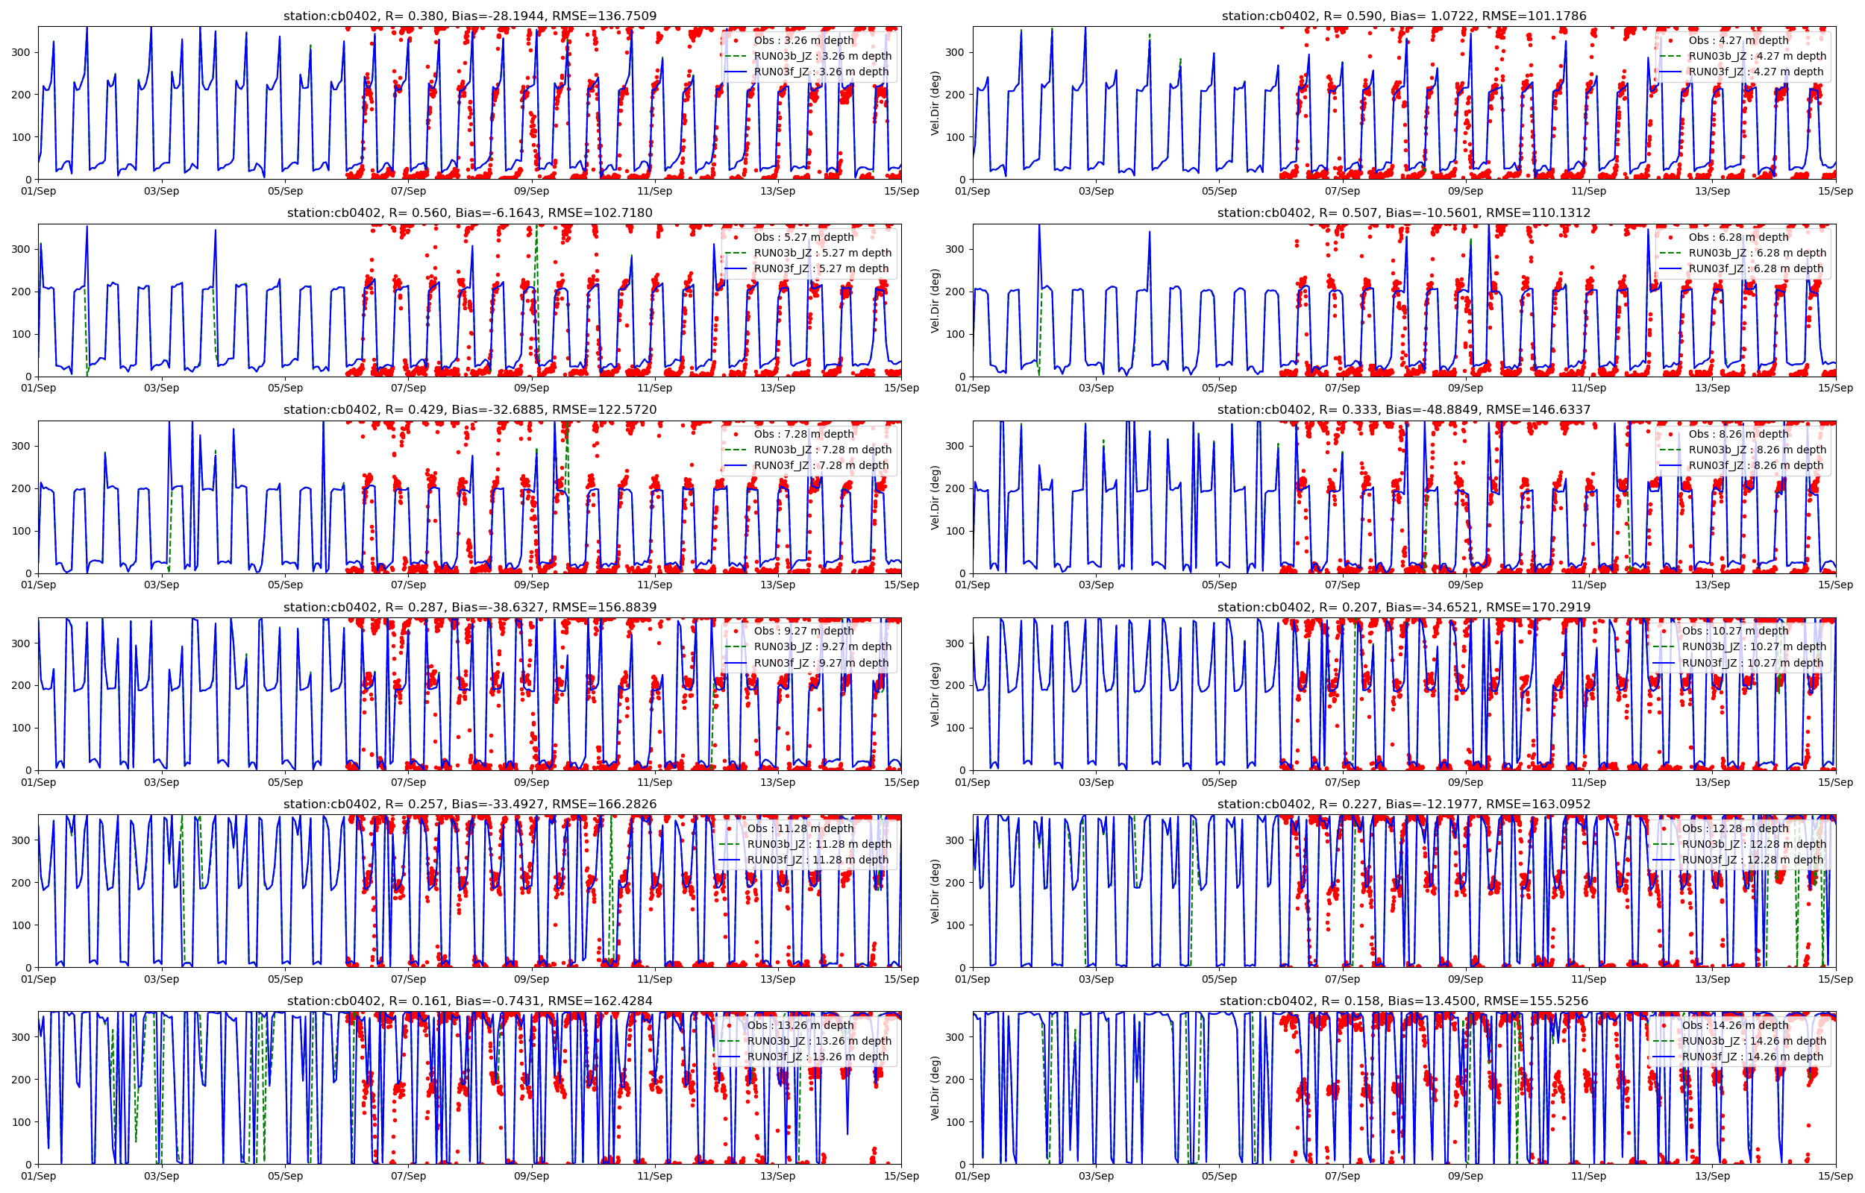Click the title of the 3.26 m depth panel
pyautogui.click(x=469, y=16)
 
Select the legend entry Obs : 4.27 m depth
pyautogui.click(x=1739, y=40)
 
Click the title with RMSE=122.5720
pyautogui.click(x=469, y=410)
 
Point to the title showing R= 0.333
pyautogui.click(x=1403, y=410)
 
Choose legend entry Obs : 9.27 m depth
pyautogui.click(x=803, y=631)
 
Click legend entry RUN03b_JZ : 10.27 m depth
pyautogui.click(x=1753, y=647)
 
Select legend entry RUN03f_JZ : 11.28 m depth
pyautogui.click(x=818, y=860)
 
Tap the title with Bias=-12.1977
pyautogui.click(x=1403, y=804)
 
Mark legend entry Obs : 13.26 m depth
pyautogui.click(x=800, y=1025)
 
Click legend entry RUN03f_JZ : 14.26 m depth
pyautogui.click(x=1752, y=1057)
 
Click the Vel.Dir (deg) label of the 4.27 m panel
pyautogui.click(x=935, y=103)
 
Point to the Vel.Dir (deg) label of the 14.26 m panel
pyautogui.click(x=935, y=1089)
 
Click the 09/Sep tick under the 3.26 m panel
pyautogui.click(x=532, y=192)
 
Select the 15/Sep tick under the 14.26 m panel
pyautogui.click(x=1834, y=1176)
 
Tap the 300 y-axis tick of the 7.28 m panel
pyautogui.click(x=21, y=446)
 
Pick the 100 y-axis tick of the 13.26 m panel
pyautogui.click(x=21, y=1121)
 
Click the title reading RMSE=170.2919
pyautogui.click(x=1403, y=608)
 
